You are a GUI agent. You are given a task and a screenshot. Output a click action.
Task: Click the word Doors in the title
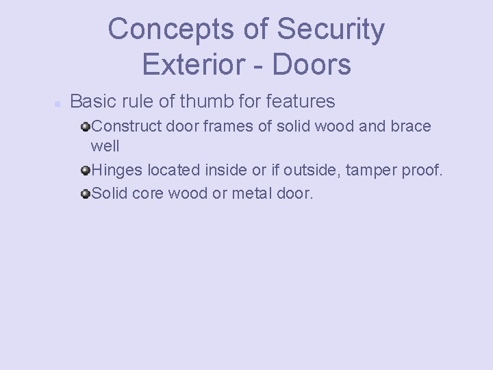tap(312, 64)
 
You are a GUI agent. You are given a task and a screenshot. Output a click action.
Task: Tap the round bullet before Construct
tap(85, 127)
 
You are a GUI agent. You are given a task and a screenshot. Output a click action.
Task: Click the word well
tap(105, 147)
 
